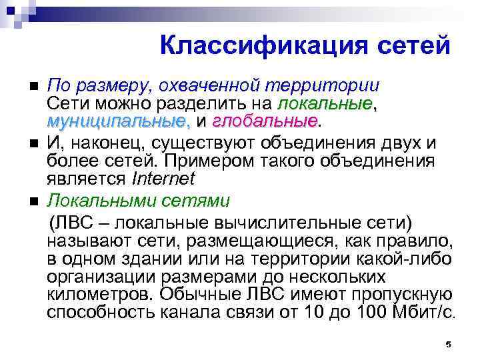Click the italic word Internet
[164, 178]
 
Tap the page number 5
[448, 344]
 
